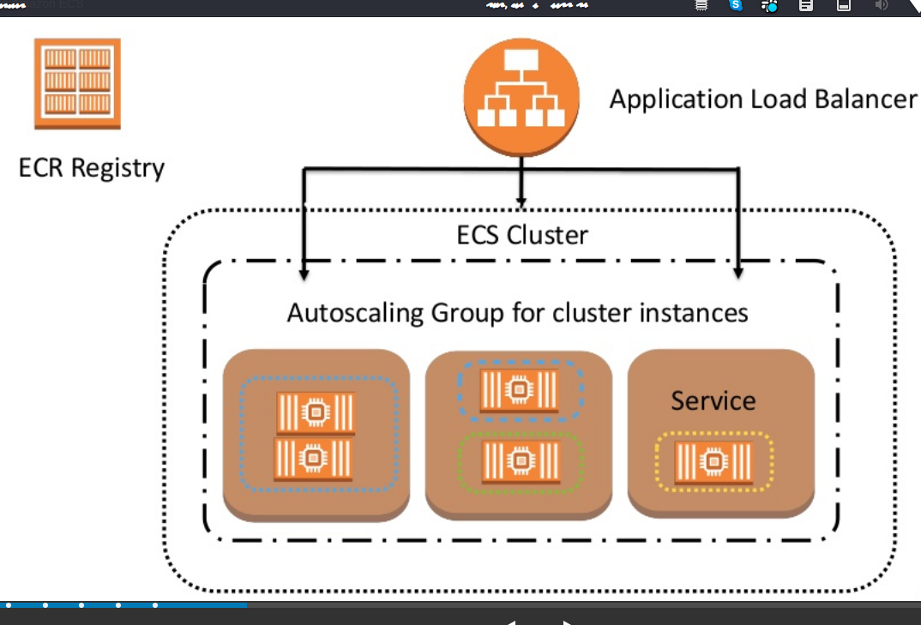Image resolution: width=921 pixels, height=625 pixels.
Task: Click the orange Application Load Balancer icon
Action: click(x=521, y=97)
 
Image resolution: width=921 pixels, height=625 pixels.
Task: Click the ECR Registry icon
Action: click(x=77, y=83)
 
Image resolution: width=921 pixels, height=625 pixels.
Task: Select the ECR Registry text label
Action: click(x=91, y=167)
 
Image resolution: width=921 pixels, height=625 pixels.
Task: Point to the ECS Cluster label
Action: click(x=522, y=235)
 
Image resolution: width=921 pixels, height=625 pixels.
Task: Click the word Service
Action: click(x=713, y=400)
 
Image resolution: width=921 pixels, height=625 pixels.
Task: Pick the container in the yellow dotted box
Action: click(x=713, y=462)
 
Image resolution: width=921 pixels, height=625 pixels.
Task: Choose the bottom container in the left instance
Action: click(x=316, y=459)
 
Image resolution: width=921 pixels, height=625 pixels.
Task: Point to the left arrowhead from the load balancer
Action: click(x=303, y=272)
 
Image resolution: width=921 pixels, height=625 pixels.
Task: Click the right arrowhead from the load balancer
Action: click(x=738, y=272)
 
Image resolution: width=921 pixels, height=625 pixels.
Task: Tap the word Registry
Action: click(x=117, y=168)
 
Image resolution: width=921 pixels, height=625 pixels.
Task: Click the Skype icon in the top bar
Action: click(x=735, y=5)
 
